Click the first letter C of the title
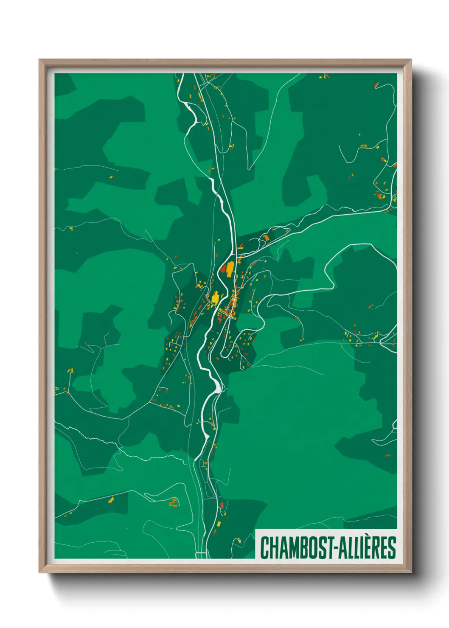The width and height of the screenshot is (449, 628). click(264, 548)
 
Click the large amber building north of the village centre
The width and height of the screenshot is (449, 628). click(230, 269)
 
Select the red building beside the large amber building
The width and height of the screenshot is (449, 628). click(223, 269)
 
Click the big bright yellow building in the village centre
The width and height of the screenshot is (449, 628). click(216, 297)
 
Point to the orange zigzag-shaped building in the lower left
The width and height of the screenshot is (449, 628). click(173, 503)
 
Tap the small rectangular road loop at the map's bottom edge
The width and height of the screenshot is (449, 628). click(202, 555)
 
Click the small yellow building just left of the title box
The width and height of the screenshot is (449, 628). click(239, 541)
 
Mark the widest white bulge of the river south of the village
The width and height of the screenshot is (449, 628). click(218, 385)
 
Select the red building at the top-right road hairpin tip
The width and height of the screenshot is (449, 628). click(376, 85)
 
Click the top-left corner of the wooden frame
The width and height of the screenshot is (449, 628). click(40, 60)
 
